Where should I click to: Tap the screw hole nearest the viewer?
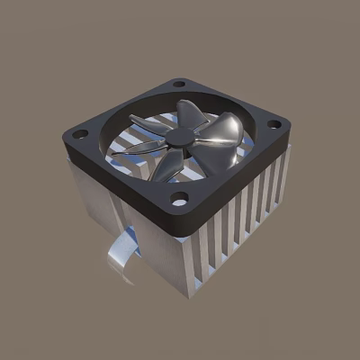180,199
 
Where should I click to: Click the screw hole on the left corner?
80,134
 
